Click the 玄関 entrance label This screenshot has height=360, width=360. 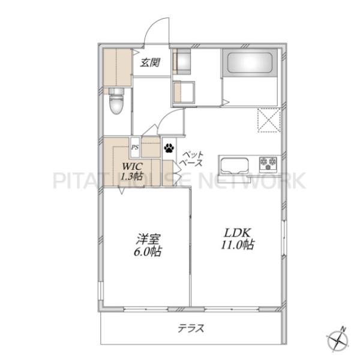(150, 62)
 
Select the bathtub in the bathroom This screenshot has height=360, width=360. (249, 63)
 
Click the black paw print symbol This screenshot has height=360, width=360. (169, 148)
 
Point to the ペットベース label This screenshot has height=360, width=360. (191, 158)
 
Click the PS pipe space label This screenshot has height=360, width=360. (135, 147)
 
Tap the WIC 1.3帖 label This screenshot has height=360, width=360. (132, 171)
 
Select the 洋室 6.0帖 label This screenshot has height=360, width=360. (148, 245)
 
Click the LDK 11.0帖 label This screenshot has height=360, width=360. (238, 239)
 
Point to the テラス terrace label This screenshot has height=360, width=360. (191, 328)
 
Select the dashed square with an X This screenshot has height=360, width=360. (269, 120)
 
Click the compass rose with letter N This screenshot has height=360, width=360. (337, 340)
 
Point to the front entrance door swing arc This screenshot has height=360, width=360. (156, 28)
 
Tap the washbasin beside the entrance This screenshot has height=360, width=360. (182, 61)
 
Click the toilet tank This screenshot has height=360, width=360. (116, 92)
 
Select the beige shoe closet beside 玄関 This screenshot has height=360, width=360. (117, 68)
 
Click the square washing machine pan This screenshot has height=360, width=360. (184, 92)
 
